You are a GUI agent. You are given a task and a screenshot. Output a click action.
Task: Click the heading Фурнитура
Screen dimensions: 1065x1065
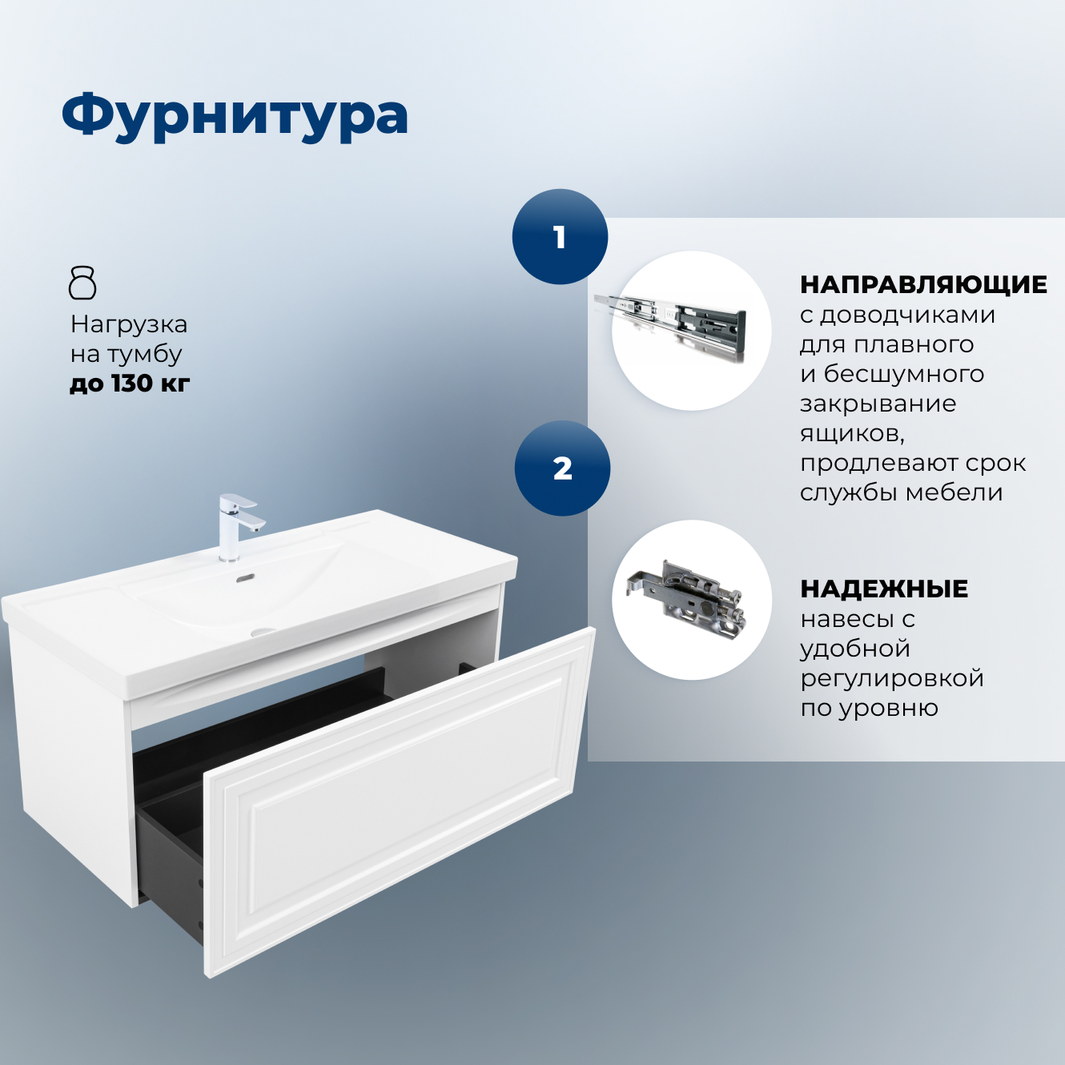coord(235,116)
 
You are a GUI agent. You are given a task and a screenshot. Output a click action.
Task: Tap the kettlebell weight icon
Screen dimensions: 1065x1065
coord(82,283)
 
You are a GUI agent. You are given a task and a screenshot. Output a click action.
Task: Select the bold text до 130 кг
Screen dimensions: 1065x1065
coord(130,384)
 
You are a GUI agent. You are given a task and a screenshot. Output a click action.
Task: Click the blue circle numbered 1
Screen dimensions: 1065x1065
coord(560,237)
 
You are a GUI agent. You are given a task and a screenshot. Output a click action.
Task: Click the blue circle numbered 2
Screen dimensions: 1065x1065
coord(562,468)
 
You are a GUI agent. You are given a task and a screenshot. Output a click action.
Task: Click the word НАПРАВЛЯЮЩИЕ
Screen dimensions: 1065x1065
coord(923,284)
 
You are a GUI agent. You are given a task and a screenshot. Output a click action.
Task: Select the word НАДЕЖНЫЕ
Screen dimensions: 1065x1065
coord(884,589)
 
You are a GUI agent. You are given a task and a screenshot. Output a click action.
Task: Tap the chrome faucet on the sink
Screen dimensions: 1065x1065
coord(237,524)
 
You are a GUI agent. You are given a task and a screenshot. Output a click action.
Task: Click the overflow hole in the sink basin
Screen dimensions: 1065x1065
coord(246,577)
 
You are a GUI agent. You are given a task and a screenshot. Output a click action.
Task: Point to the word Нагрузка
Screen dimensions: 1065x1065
coord(129,324)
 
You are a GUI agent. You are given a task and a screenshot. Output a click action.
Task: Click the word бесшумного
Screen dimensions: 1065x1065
coord(903,374)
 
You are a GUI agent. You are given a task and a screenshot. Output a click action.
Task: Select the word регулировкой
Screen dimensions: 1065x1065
coord(892,678)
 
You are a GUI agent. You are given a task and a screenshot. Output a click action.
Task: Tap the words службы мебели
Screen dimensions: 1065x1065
coord(901,492)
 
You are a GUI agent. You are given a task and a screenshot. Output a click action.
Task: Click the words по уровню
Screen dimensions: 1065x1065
coord(869,708)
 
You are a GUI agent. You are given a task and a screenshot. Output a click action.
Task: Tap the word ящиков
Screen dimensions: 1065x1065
coord(851,434)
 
